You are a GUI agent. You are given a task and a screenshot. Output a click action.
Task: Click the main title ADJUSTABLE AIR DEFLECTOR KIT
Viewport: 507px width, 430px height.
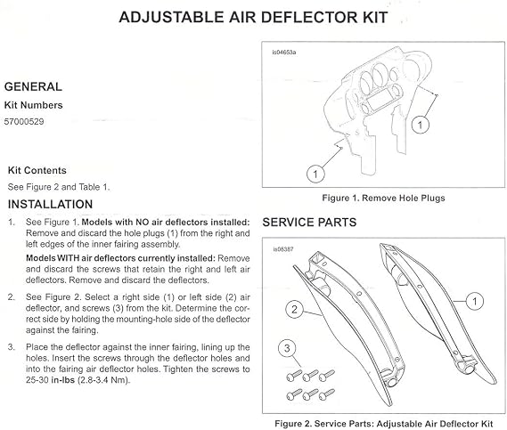click(x=253, y=18)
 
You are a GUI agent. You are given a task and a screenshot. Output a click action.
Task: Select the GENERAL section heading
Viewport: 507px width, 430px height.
click(x=33, y=86)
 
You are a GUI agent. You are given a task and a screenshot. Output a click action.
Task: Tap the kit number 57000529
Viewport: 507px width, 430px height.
click(x=24, y=122)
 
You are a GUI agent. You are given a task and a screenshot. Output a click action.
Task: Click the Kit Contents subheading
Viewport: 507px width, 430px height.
click(x=37, y=171)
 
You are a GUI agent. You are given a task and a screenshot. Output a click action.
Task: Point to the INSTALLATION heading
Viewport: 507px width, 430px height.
click(x=50, y=204)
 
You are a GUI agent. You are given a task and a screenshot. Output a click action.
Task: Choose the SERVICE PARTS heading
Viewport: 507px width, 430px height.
click(x=309, y=223)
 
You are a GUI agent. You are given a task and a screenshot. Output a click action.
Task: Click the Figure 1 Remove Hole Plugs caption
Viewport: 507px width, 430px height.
click(x=383, y=198)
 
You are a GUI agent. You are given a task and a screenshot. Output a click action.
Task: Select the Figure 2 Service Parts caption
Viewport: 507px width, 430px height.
click(x=384, y=424)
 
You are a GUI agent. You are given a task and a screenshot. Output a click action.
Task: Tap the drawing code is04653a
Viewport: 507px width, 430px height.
click(x=284, y=52)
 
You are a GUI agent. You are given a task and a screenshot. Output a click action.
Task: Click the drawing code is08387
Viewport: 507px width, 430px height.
click(x=283, y=249)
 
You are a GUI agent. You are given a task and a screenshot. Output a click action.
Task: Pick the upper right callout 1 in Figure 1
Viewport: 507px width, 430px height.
click(x=420, y=125)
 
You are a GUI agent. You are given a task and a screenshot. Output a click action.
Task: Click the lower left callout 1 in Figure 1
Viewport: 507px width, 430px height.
click(x=315, y=174)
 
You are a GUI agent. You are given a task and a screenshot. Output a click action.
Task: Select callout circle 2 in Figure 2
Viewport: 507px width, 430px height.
click(x=294, y=310)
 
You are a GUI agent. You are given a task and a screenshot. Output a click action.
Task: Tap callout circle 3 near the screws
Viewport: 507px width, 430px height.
click(x=287, y=349)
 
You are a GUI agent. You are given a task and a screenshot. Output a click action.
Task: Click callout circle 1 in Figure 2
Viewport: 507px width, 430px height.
click(x=475, y=301)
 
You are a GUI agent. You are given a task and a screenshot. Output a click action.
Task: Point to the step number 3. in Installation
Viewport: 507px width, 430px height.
click(x=12, y=347)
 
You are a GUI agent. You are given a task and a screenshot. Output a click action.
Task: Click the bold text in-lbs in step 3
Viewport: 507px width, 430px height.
click(x=63, y=380)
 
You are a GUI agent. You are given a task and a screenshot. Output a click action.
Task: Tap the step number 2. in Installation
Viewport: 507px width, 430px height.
click(x=12, y=297)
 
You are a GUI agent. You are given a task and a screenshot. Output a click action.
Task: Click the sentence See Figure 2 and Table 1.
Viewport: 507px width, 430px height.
click(x=59, y=187)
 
